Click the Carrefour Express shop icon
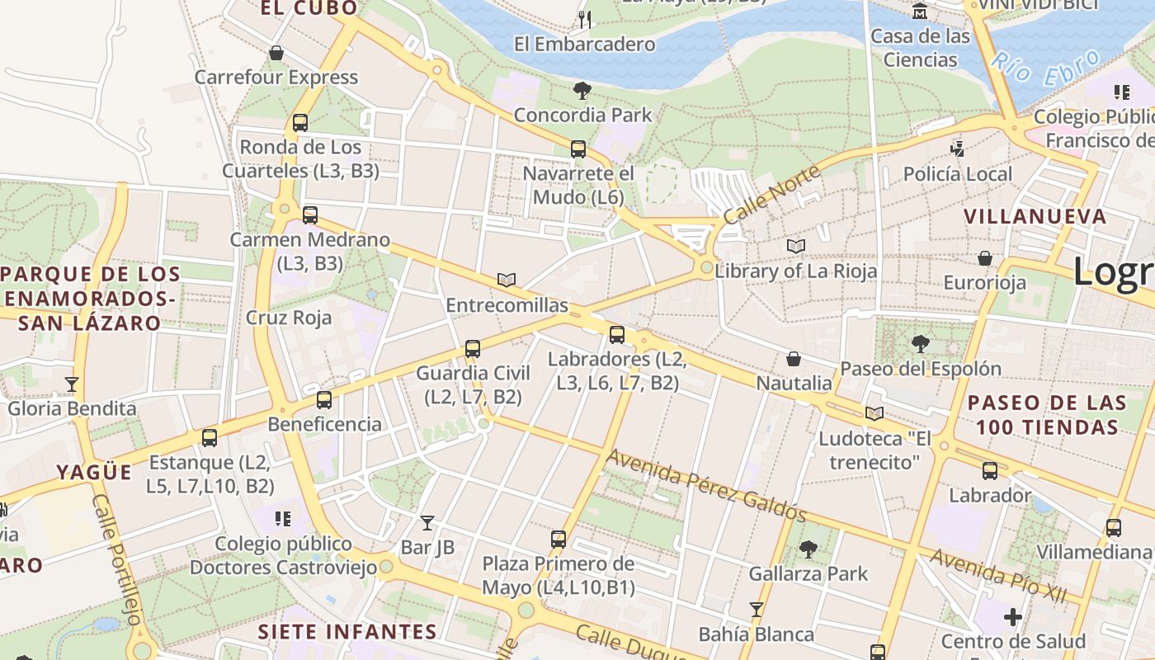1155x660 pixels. (x=276, y=53)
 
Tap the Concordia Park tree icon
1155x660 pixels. (x=582, y=90)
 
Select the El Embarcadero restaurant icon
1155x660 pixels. (x=585, y=20)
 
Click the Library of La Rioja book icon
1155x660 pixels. (x=796, y=246)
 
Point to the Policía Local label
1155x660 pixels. (x=957, y=174)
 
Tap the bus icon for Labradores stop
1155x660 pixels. (x=617, y=334)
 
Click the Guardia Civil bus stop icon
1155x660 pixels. (x=473, y=348)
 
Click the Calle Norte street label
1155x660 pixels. (x=772, y=194)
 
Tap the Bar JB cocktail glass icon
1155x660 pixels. (x=427, y=522)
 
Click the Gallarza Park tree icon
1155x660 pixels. (x=808, y=549)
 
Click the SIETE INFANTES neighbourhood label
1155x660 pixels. (x=347, y=632)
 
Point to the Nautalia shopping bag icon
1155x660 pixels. (x=794, y=359)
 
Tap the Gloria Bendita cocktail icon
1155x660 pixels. (x=72, y=384)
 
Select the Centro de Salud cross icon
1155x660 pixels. (x=1013, y=616)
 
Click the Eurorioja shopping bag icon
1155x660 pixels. (x=985, y=258)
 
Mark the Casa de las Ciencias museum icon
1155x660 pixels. (x=920, y=12)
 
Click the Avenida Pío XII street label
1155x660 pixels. (x=998, y=576)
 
